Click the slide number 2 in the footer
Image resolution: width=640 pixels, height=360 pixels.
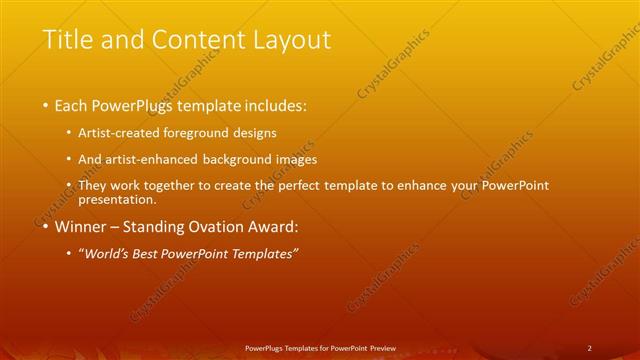[589, 348]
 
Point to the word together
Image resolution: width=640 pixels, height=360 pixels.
[190, 186]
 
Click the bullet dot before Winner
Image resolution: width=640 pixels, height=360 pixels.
[45, 227]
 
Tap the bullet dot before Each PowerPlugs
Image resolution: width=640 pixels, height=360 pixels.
[45, 105]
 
